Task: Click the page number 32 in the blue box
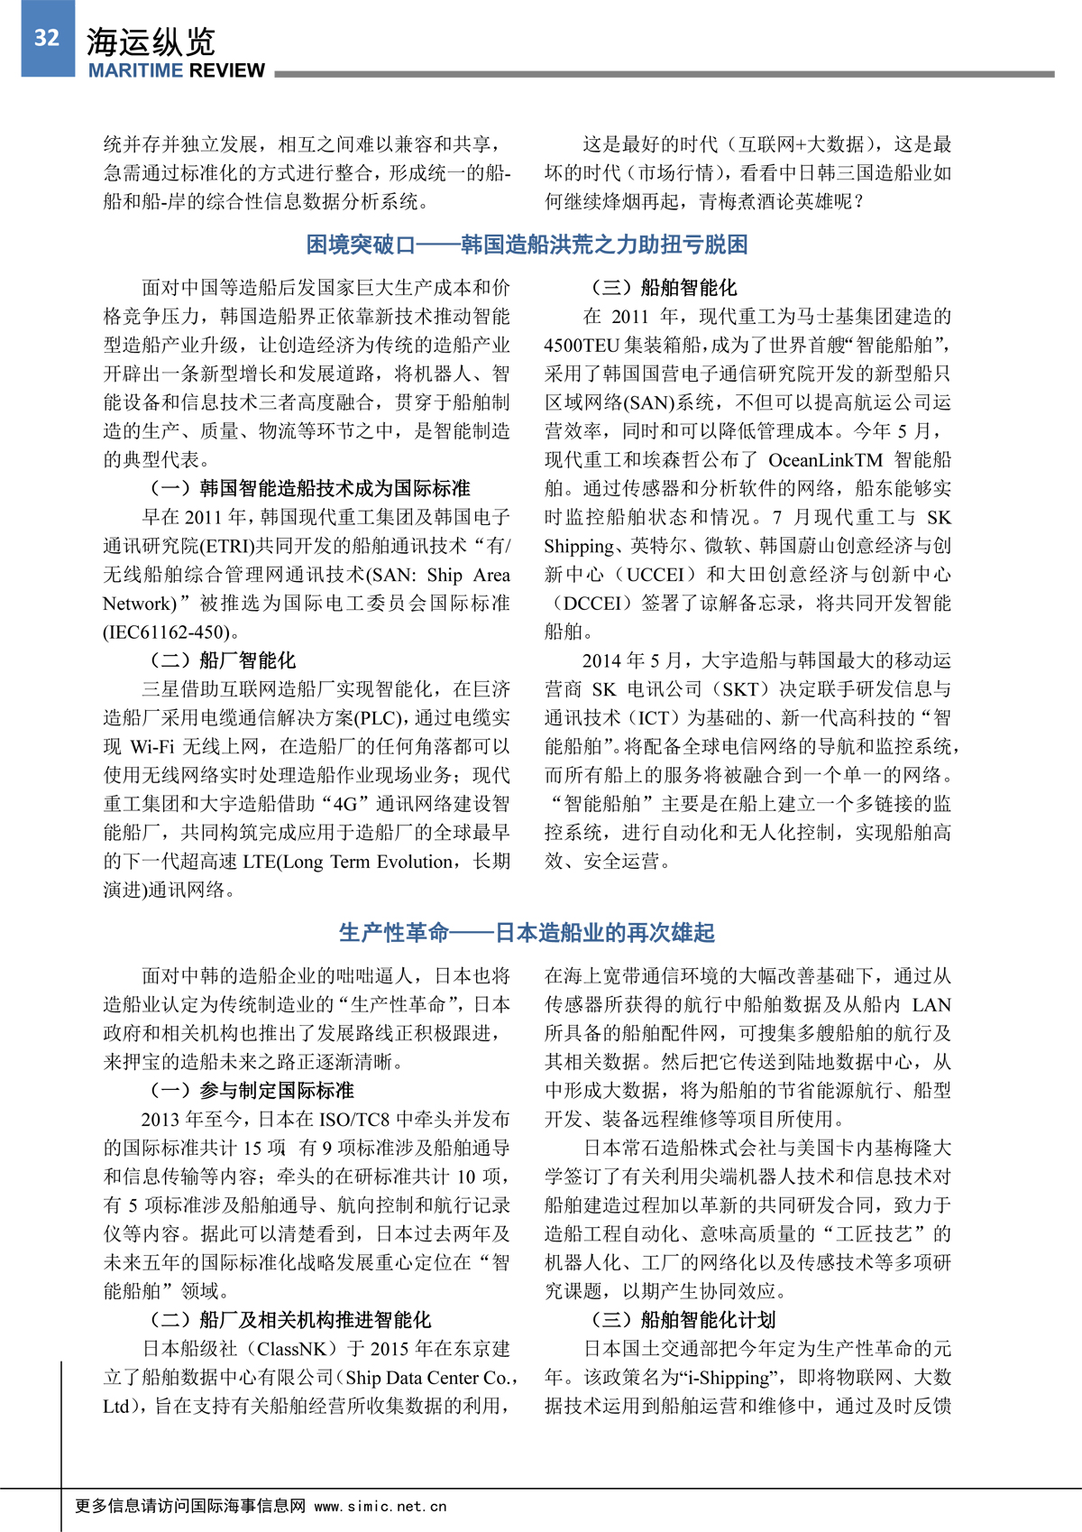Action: [47, 38]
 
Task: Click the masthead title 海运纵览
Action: [151, 42]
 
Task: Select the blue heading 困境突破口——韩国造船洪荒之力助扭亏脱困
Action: [527, 245]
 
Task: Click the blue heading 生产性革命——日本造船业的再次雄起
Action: [527, 932]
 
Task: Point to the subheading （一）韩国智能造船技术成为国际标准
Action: [308, 488]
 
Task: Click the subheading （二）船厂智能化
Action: [222, 660]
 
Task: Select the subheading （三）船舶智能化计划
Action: [682, 1320]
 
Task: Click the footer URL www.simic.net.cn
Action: [381, 1506]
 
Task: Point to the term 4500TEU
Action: [582, 345]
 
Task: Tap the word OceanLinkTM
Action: [825, 459]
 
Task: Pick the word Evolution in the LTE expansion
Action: [415, 862]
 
